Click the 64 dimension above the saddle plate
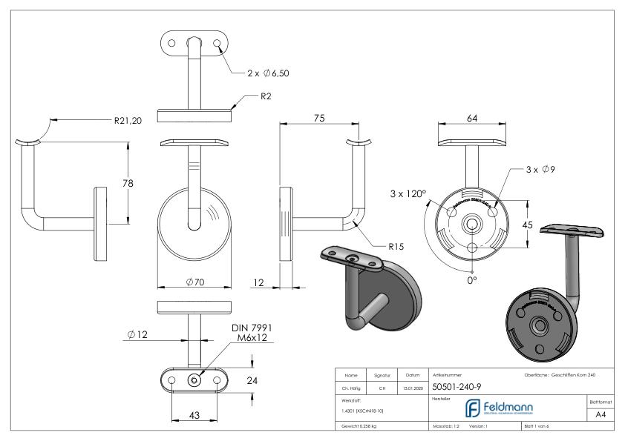pyautogui.click(x=472, y=118)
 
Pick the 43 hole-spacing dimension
pyautogui.click(x=194, y=416)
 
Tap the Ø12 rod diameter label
pyautogui.click(x=137, y=336)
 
